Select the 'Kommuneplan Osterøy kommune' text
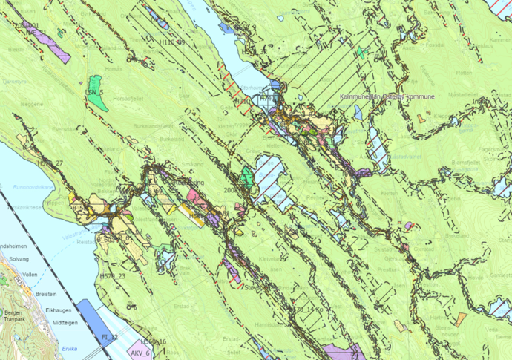(387, 97)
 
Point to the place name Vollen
(30, 275)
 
